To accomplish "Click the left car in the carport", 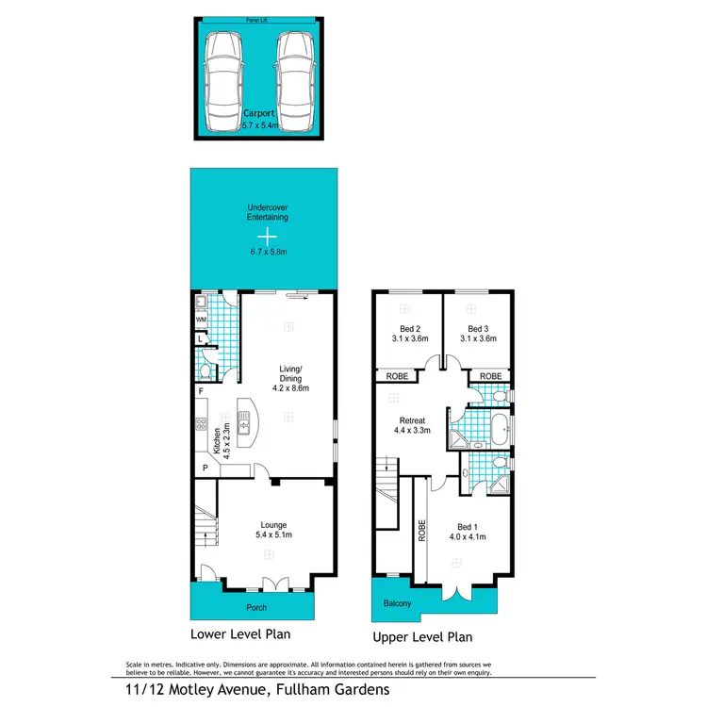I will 224,80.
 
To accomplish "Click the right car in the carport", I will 293,80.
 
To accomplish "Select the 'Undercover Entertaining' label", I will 268,212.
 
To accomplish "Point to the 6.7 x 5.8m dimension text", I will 268,251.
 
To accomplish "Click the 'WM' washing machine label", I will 201,321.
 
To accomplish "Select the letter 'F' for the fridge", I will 201,390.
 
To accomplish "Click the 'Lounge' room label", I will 274,524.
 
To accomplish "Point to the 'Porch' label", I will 256,607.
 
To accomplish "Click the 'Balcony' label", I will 397,603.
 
